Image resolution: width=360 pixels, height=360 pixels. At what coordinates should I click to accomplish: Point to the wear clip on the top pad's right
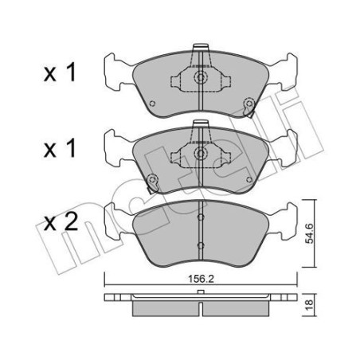tap(249, 104)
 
